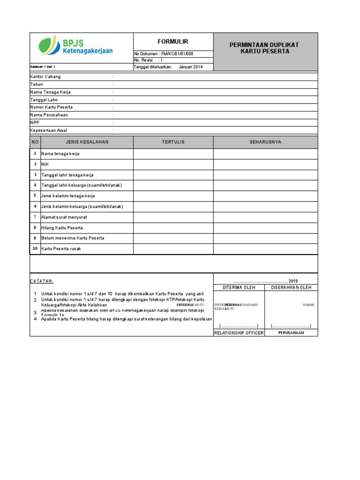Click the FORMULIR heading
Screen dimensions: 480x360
pyautogui.click(x=173, y=42)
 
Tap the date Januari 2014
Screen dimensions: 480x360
pyautogui.click(x=191, y=67)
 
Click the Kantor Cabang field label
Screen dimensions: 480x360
pyautogui.click(x=45, y=76)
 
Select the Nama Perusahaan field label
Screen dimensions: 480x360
pyautogui.click(x=49, y=115)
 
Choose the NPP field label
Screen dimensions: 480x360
pyautogui.click(x=35, y=122)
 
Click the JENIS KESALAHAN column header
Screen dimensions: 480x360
pyautogui.click(x=87, y=142)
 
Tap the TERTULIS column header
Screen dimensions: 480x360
pyautogui.click(x=173, y=142)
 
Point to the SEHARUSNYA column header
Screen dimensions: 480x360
pyautogui.click(x=265, y=142)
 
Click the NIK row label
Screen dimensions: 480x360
pyautogui.click(x=45, y=164)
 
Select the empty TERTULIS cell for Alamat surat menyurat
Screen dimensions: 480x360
pyautogui.click(x=173, y=217)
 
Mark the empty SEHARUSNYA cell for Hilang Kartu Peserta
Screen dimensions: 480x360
pyautogui.click(x=265, y=228)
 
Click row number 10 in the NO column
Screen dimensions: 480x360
pyautogui.click(x=35, y=248)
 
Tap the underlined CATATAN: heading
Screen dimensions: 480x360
pyautogui.click(x=42, y=281)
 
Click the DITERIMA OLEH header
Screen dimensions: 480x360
pyautogui.click(x=239, y=287)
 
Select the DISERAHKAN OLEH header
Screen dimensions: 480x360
pyautogui.click(x=291, y=287)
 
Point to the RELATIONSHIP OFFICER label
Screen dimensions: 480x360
pyautogui.click(x=239, y=333)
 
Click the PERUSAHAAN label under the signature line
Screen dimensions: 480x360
pyautogui.click(x=291, y=333)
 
